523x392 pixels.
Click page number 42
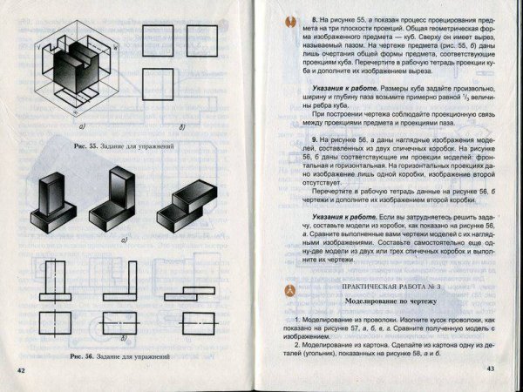point(21,372)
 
